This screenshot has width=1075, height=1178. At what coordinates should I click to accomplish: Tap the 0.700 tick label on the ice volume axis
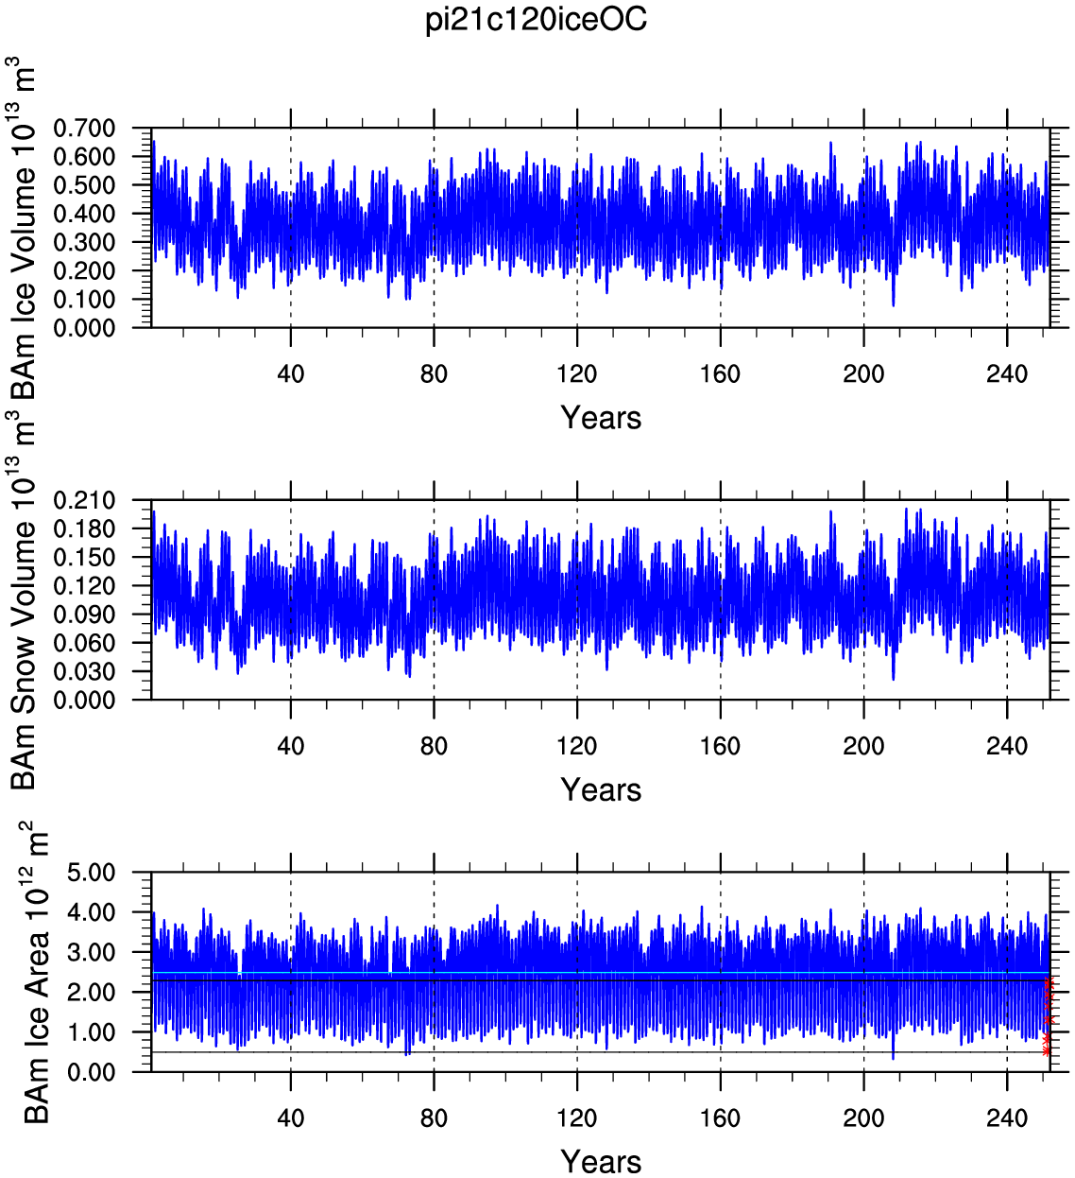click(x=84, y=128)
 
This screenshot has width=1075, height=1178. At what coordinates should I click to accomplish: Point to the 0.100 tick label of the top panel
click(x=84, y=300)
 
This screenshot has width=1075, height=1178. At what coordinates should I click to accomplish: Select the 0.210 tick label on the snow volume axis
click(x=84, y=501)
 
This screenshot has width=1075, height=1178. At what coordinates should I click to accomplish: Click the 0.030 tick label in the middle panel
click(x=84, y=671)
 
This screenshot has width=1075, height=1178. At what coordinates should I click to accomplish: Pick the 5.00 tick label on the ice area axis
click(x=92, y=873)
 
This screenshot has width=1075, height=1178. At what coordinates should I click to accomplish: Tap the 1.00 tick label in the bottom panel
click(x=92, y=1032)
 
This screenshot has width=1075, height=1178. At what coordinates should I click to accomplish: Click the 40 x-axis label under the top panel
click(x=290, y=374)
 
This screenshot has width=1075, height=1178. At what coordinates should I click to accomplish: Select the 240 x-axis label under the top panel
click(x=1007, y=374)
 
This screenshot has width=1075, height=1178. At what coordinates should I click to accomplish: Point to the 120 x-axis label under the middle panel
click(x=577, y=746)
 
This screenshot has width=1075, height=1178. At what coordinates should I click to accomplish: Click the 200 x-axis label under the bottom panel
click(x=863, y=1118)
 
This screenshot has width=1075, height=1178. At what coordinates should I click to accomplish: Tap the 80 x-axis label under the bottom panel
click(x=434, y=1118)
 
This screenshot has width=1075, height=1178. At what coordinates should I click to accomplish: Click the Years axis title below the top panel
click(x=601, y=418)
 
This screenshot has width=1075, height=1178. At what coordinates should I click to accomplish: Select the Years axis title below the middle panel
click(x=601, y=789)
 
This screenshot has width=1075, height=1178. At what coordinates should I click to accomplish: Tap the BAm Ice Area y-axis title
click(x=35, y=976)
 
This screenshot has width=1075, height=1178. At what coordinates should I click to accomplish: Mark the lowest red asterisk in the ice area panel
click(x=1047, y=1051)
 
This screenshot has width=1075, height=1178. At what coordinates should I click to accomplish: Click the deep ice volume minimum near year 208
click(x=893, y=303)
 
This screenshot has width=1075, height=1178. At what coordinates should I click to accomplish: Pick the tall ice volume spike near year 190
click(x=831, y=145)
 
